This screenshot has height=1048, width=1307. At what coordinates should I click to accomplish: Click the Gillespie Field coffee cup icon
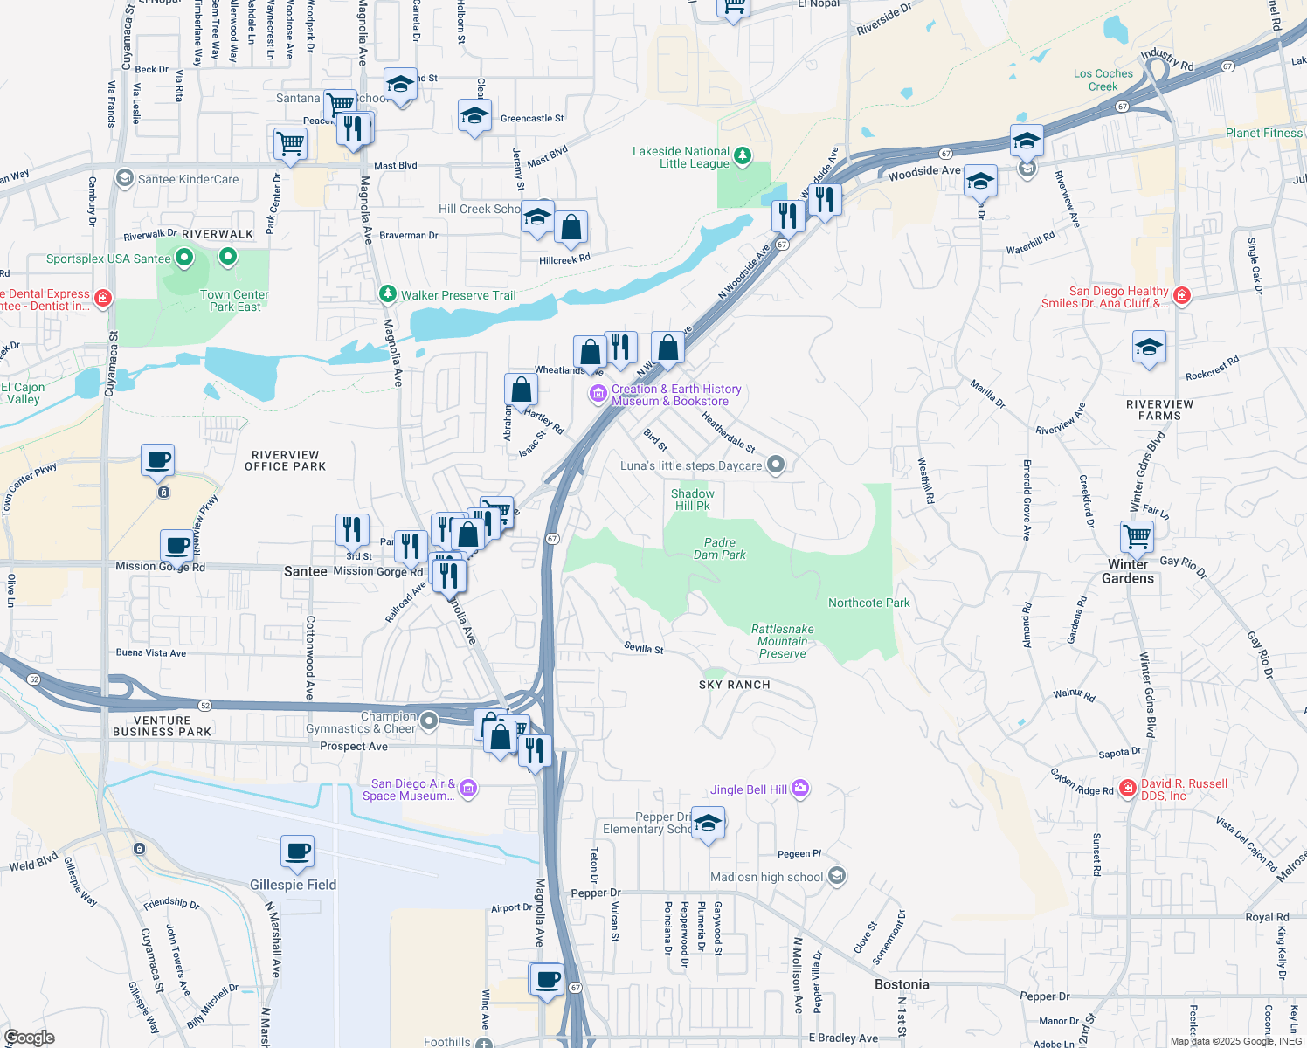[298, 851]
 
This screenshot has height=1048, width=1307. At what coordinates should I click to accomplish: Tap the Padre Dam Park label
[720, 548]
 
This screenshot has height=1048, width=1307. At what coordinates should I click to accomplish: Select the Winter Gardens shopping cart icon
[1138, 536]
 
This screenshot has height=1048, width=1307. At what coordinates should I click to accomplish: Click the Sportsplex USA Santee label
[108, 259]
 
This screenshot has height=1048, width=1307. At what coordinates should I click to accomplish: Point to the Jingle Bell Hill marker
[800, 789]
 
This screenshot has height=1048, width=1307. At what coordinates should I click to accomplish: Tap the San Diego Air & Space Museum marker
[468, 789]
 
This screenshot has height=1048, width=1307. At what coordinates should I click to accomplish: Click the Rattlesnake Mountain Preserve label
[782, 641]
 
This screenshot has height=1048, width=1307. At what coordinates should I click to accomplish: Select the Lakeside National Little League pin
[742, 156]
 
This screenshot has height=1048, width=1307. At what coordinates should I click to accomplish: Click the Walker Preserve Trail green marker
[388, 294]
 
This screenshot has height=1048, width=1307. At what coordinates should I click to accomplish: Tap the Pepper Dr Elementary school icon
[708, 823]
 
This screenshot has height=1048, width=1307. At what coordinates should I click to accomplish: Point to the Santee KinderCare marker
[125, 179]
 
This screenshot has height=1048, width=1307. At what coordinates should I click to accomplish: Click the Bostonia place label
[902, 984]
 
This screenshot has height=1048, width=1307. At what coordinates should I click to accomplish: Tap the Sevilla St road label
[644, 648]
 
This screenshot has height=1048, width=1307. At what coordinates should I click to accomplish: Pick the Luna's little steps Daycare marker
[775, 465]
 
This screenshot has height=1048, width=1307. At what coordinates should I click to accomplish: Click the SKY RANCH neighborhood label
[734, 685]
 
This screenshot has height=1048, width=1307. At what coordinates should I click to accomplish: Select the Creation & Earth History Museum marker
[598, 395]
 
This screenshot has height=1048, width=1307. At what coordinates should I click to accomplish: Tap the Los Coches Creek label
[1103, 79]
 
